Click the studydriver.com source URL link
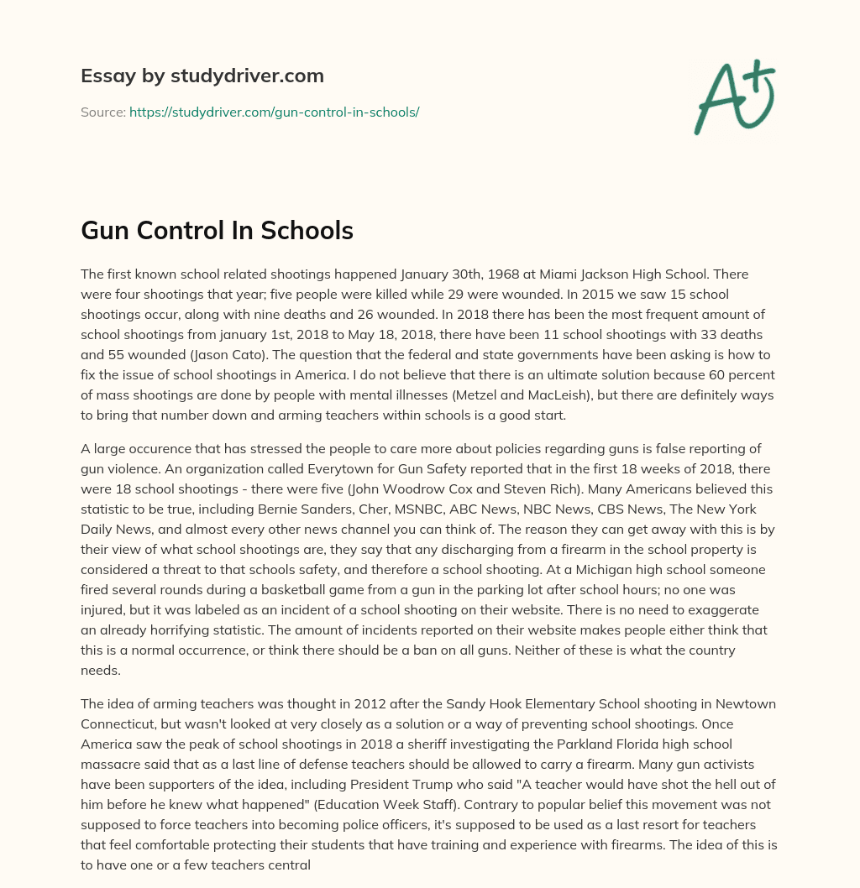coord(274,112)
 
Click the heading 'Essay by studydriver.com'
coord(202,76)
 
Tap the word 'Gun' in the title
coord(107,231)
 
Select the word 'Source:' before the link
coord(102,112)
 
